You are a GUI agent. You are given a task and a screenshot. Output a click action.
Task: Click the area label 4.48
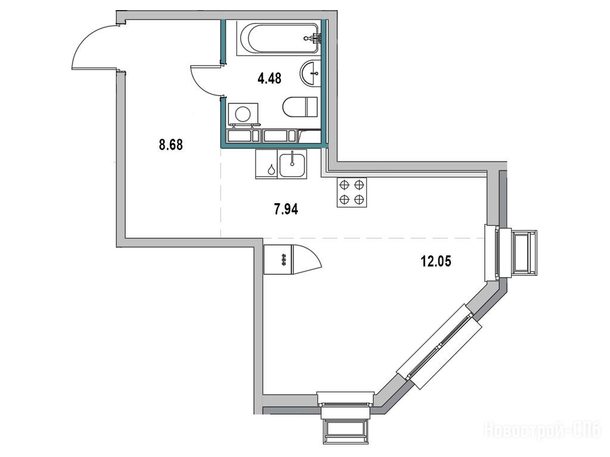click(269, 78)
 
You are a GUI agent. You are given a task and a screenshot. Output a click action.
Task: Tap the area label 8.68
click(171, 145)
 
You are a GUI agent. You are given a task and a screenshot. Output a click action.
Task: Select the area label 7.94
click(286, 209)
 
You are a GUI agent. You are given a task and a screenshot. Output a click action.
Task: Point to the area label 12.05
click(435, 261)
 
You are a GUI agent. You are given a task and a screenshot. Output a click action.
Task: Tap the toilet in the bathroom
click(300, 107)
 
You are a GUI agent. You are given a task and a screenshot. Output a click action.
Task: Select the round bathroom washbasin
click(310, 73)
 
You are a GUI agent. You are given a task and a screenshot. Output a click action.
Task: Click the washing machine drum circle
click(243, 114)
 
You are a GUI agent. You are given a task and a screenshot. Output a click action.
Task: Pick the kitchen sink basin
click(292, 164)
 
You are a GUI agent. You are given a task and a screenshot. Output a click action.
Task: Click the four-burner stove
click(351, 192)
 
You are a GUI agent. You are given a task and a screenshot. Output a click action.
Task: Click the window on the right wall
click(511, 253)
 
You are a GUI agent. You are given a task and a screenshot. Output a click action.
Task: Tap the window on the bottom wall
click(345, 418)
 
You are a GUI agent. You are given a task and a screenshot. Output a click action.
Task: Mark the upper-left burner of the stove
click(344, 185)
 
